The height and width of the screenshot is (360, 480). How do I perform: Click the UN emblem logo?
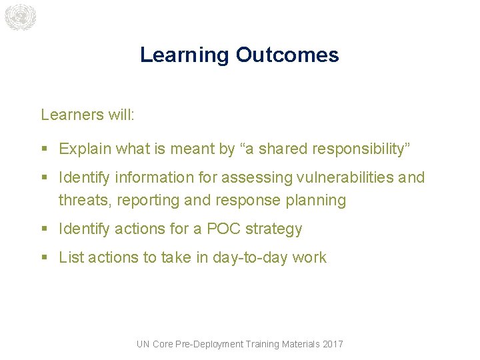(19, 17)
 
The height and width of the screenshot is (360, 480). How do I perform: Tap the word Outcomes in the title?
(287, 55)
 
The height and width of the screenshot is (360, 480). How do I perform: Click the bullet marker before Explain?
(44, 149)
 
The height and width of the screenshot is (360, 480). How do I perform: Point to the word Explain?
(85, 149)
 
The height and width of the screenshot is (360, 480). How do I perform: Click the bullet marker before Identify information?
(44, 178)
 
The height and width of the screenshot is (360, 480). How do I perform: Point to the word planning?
(317, 200)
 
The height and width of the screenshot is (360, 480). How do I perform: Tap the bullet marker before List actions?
(44, 258)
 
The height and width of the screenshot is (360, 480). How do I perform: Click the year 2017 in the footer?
(332, 344)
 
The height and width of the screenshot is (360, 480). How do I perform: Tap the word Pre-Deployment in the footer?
(209, 344)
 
